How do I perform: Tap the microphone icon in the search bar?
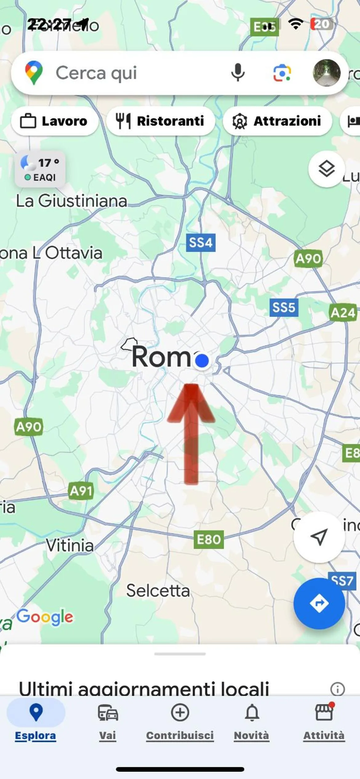coord(238,73)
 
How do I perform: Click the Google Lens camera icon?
coord(282,73)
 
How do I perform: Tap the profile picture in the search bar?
coord(326,73)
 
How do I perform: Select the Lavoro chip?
coord(54,121)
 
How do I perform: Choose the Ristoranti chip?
coord(160,121)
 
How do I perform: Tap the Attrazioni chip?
coord(277,121)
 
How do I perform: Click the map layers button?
coord(326,169)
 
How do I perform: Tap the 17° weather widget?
coord(40,169)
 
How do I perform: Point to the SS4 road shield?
coord(201,243)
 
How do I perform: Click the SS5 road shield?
coord(284,307)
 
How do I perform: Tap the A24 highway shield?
coord(343,313)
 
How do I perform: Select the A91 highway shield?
coord(81,491)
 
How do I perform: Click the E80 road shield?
coord(209,539)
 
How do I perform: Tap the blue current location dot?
coord(202,360)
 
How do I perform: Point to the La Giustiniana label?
coord(71,201)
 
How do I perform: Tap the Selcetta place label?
coord(158,591)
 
